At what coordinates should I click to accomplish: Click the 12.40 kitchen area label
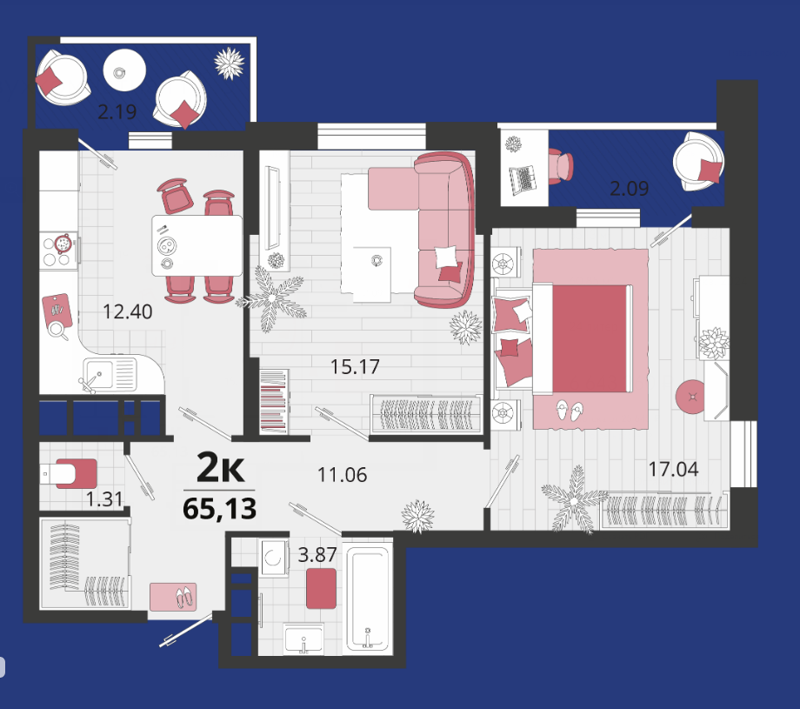[x=128, y=311]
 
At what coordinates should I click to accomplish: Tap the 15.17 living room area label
[x=355, y=366]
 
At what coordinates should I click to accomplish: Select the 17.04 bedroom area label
[x=673, y=469]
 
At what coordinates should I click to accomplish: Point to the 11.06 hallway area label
[x=343, y=475]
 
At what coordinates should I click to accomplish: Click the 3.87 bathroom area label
[x=317, y=554]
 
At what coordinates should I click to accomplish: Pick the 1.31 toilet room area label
[x=104, y=499]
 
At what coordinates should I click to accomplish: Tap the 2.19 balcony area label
[x=117, y=111]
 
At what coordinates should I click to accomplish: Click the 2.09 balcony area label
[x=629, y=189]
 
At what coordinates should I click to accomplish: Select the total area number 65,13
[x=219, y=508]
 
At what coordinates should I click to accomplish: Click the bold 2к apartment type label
[x=220, y=468]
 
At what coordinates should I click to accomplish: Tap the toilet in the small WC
[x=69, y=474]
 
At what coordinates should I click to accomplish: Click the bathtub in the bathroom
[x=368, y=599]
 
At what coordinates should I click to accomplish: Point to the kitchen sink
[x=110, y=375]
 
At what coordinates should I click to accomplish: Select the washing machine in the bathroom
[x=275, y=558]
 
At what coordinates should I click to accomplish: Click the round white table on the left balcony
[x=124, y=70]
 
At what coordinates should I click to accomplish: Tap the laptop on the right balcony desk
[x=523, y=179]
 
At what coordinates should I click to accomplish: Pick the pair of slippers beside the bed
[x=570, y=411]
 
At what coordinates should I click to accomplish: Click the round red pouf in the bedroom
[x=691, y=396]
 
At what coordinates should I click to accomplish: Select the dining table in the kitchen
[x=197, y=245]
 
